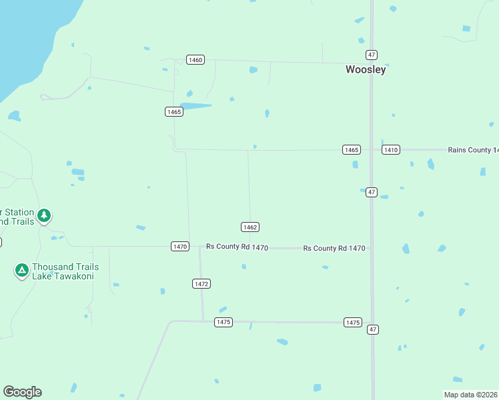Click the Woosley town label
click(366, 69)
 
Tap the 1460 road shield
click(195, 60)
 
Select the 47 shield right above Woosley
click(372, 55)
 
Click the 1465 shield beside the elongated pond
click(174, 111)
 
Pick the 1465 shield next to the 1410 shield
click(352, 150)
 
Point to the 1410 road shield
click(391, 150)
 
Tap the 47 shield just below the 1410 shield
click(372, 192)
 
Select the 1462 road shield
click(250, 227)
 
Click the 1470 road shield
click(180, 247)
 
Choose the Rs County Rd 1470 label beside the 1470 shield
click(237, 247)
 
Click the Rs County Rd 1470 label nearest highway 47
click(334, 248)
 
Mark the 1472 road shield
click(201, 284)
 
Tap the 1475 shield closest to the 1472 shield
click(223, 322)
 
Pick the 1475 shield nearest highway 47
click(353, 323)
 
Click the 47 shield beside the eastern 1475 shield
click(372, 329)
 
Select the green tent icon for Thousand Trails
click(21, 270)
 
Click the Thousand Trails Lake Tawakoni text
click(63, 271)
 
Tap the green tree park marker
click(44, 215)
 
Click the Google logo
click(22, 392)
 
